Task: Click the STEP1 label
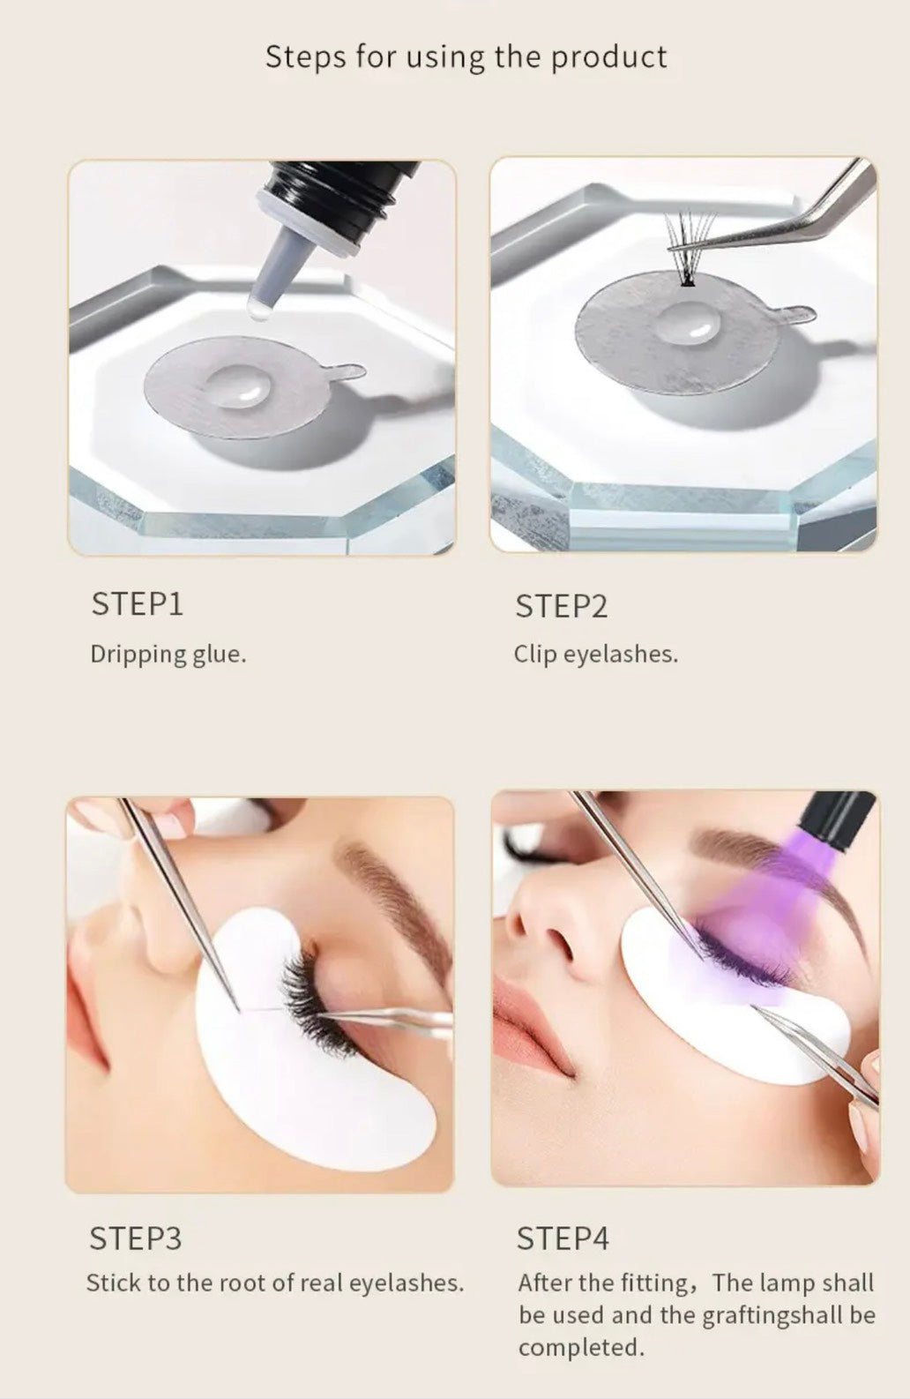(x=138, y=604)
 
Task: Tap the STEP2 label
(x=561, y=607)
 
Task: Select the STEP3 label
(x=136, y=1238)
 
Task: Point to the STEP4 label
(x=563, y=1238)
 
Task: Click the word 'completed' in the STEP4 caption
(x=580, y=1348)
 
